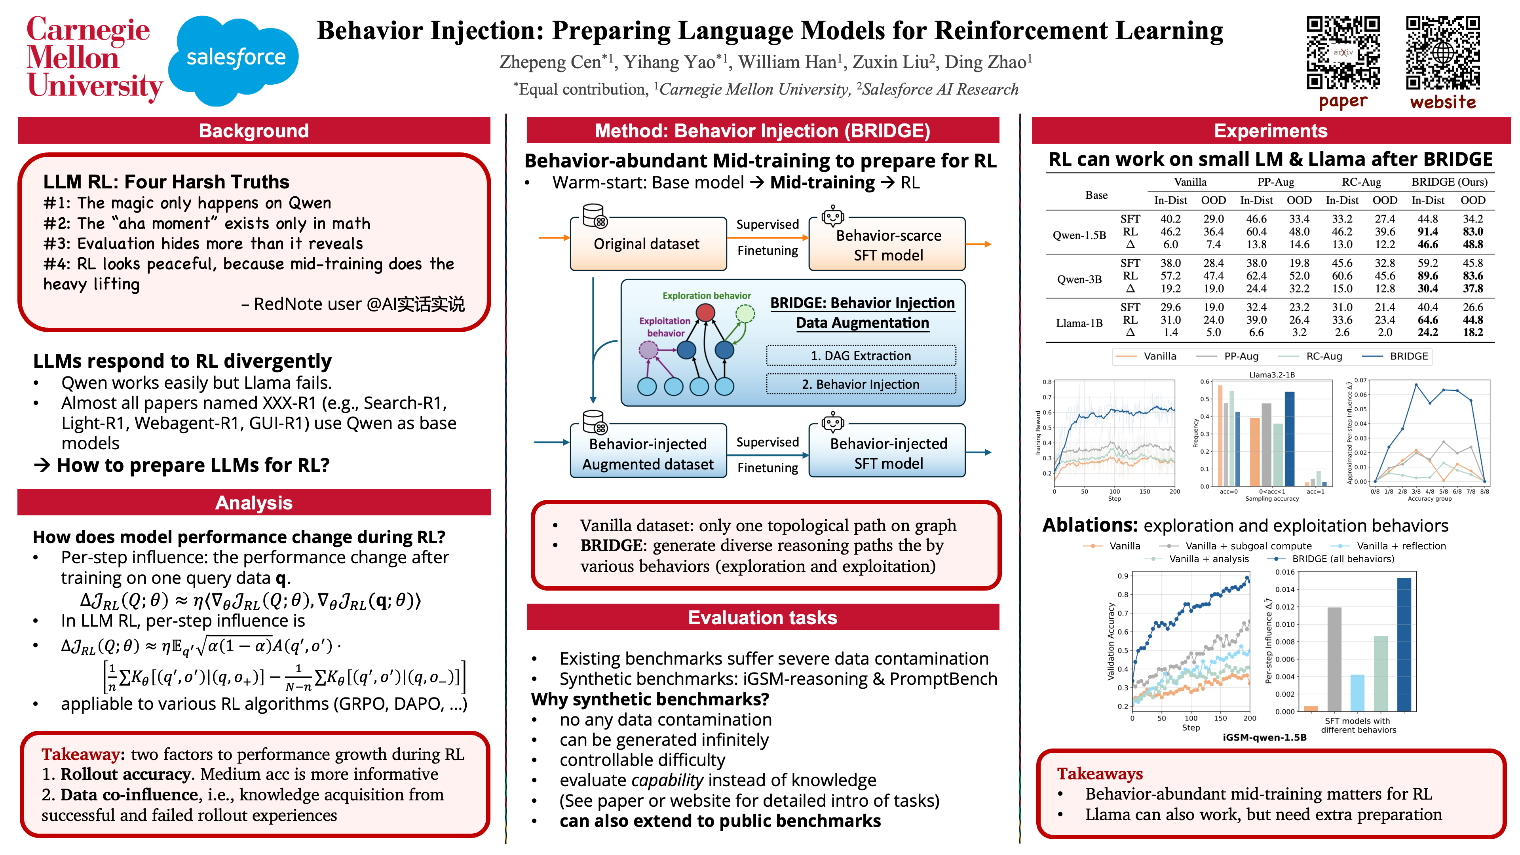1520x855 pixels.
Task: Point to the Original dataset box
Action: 647,244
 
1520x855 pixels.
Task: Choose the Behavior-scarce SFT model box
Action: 887,244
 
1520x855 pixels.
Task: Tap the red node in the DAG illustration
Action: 705,312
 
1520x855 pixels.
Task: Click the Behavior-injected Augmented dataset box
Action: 647,453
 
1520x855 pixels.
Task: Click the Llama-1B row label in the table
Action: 1079,323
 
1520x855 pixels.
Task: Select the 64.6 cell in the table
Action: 1427,320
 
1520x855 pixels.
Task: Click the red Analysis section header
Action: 254,502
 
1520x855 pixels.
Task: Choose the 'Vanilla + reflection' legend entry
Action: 1400,546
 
